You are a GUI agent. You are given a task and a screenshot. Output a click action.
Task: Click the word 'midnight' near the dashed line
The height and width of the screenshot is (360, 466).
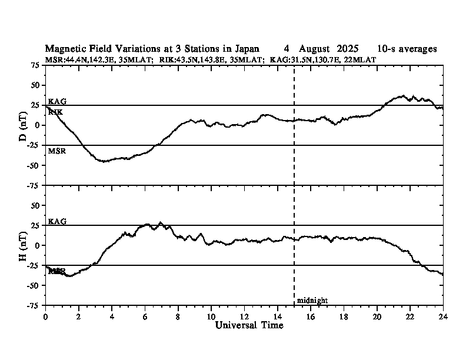[x=312, y=301]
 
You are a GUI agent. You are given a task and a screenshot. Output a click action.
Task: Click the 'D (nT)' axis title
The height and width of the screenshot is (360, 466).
[x=23, y=125]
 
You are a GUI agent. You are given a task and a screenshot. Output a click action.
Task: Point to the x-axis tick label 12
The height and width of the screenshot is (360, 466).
[x=244, y=316]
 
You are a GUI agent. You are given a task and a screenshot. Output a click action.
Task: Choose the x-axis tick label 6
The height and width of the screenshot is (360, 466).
[x=145, y=316]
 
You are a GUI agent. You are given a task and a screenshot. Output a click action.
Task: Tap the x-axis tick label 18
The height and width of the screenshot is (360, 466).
[x=344, y=316]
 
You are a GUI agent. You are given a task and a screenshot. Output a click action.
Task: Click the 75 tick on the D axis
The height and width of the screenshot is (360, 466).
[x=35, y=65]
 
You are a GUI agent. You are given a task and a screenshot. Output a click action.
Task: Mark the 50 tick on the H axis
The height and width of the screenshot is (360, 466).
[x=35, y=205]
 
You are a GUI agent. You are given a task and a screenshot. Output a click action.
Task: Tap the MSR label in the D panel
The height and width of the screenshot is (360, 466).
[x=56, y=151]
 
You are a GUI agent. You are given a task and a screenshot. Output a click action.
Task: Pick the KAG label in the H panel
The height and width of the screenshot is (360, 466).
[x=57, y=221]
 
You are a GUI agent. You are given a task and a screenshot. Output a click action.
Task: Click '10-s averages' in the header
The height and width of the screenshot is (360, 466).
[x=407, y=49]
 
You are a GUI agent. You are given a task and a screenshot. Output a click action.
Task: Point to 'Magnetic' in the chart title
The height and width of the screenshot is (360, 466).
[x=64, y=49]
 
